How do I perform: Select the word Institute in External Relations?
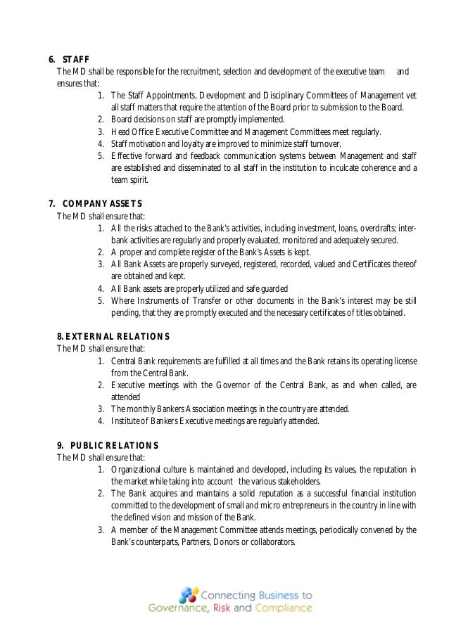[x=127, y=421]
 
